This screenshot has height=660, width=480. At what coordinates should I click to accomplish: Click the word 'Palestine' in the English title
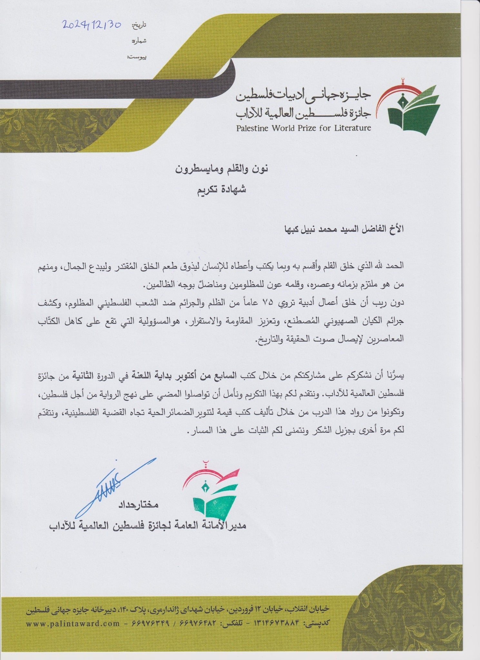click(254, 128)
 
